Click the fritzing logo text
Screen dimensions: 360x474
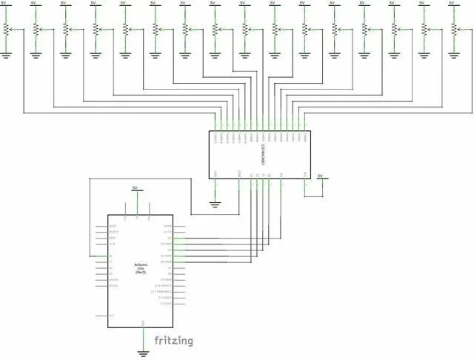coord(173,341)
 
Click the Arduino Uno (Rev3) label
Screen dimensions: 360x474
coord(140,268)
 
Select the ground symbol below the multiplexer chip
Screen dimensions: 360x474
coord(215,204)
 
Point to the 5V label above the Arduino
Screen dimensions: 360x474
coord(134,188)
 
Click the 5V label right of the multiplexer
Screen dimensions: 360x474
coord(320,176)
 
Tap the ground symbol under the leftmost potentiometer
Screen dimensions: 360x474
coord(6,54)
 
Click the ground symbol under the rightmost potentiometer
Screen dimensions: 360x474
coord(453,54)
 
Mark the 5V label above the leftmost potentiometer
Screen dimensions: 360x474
coord(6,3)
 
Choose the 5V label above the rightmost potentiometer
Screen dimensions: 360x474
coord(453,3)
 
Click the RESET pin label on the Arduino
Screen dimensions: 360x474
coord(113,225)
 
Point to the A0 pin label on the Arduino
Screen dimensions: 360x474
coord(111,256)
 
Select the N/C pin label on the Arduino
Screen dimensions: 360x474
coord(111,316)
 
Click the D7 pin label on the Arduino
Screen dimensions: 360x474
coord(170,267)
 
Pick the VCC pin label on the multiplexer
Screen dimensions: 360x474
coord(305,175)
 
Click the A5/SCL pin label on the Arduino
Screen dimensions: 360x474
coord(114,285)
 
